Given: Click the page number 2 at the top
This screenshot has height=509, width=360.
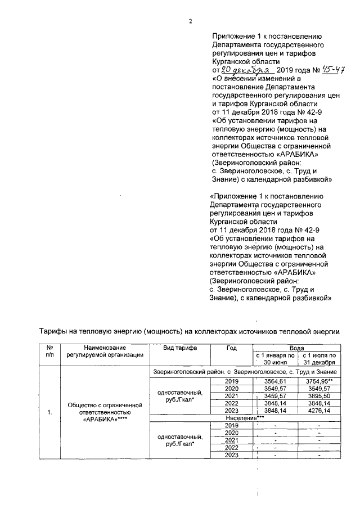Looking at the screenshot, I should (191, 21).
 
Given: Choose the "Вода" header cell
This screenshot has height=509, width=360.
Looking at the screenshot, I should (297, 349).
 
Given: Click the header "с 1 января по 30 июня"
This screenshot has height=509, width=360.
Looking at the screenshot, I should (275, 359).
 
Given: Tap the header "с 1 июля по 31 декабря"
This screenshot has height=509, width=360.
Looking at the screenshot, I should (319, 359).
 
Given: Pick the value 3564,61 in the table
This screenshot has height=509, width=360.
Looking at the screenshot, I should (275, 381).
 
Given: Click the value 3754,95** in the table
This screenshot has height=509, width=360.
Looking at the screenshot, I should (319, 381).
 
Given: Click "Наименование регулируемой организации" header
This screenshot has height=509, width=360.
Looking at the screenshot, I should (105, 352).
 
